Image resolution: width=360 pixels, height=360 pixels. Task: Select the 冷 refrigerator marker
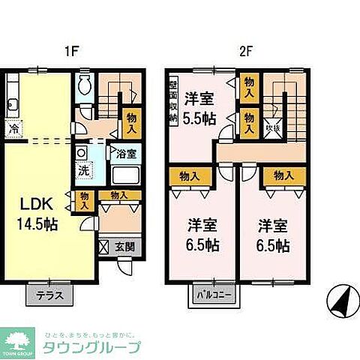pos(13,128)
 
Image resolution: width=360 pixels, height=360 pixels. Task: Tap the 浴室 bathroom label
pos(125,154)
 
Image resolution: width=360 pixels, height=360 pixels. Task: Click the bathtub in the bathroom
pos(124,177)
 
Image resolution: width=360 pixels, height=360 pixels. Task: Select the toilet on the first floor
pos(84,84)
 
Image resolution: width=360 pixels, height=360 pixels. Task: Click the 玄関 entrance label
pos(124,246)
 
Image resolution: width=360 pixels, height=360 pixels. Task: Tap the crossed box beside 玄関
pos(104,246)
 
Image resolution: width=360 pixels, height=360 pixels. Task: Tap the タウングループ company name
pos(91,346)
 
